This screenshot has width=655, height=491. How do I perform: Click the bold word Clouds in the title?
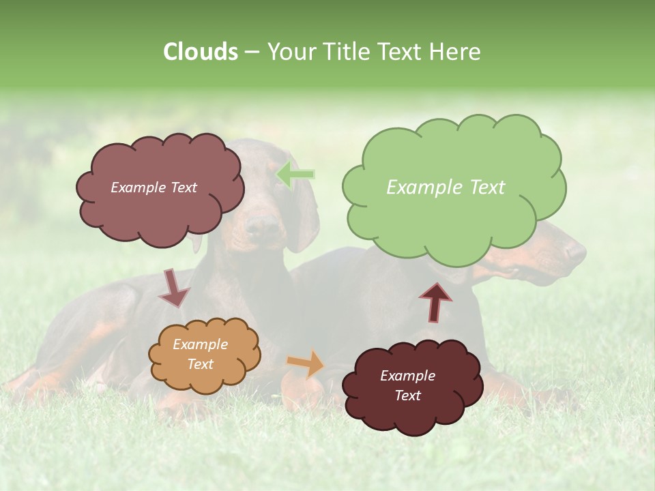tap(201, 52)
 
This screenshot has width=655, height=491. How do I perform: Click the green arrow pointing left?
tap(295, 175)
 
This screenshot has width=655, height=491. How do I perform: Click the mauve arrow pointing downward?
tap(173, 288)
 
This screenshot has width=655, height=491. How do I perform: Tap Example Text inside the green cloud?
tap(446, 188)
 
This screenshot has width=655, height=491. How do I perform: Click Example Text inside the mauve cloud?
tap(154, 188)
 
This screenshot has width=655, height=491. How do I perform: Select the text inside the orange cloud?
tap(200, 355)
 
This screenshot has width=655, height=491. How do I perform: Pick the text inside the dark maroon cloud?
tap(407, 386)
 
